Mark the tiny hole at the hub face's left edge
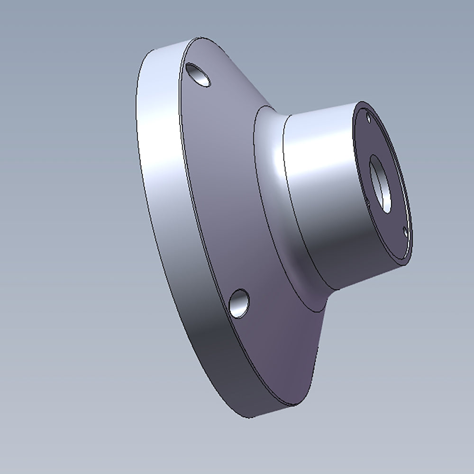point(368,202)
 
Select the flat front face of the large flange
point(223,190)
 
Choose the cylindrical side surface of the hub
point(322,199)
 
